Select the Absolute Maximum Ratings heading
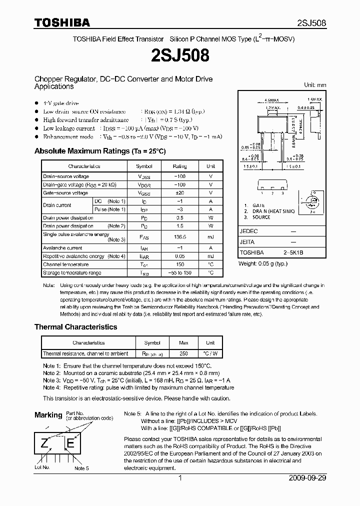click(x=99, y=151)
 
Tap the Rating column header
click(x=179, y=166)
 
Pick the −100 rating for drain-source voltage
click(x=179, y=176)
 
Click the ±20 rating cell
click(x=179, y=193)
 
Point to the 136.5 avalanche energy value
click(x=179, y=237)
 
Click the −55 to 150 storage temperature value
click(x=179, y=272)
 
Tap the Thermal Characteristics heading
click(x=75, y=327)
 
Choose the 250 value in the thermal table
click(x=183, y=353)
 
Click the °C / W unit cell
click(x=210, y=353)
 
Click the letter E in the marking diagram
click(x=70, y=442)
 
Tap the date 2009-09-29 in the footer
click(x=307, y=478)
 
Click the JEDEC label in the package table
click(x=248, y=231)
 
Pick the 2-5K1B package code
click(x=292, y=253)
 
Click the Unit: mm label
click(x=314, y=85)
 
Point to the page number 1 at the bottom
click(x=180, y=478)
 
